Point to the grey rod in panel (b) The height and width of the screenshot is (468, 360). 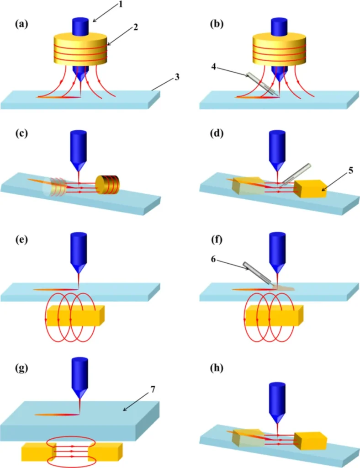click(262, 84)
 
